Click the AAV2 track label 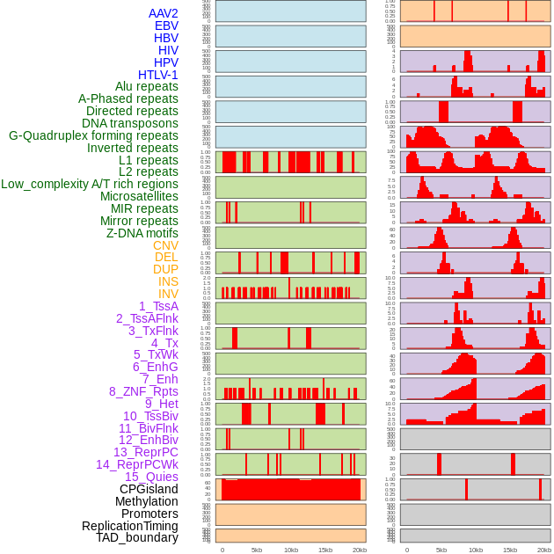tap(163, 13)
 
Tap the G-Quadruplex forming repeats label tap(93, 135)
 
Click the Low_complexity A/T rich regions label tap(90, 184)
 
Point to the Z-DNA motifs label tap(142, 233)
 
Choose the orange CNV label tap(165, 245)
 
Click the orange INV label tap(168, 294)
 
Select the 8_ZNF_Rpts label tap(143, 391)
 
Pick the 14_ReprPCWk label tap(137, 464)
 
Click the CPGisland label tap(149, 489)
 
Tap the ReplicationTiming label tap(129, 526)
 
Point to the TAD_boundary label tap(137, 537)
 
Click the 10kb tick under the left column tap(290, 550)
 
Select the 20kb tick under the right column tap(544, 550)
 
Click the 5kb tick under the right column tap(441, 550)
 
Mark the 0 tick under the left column tap(222, 550)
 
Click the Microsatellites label tap(139, 196)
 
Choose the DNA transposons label tap(130, 123)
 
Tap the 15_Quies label tap(151, 477)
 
